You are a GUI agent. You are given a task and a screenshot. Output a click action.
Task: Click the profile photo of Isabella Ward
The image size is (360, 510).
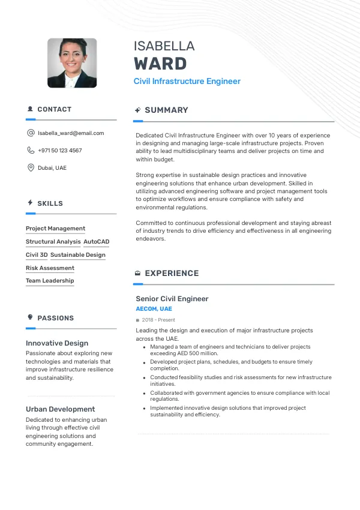[72, 63]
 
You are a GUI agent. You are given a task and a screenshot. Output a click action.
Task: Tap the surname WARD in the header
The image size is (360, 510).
[160, 64]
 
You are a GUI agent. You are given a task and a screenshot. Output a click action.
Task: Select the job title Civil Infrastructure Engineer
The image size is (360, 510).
[187, 81]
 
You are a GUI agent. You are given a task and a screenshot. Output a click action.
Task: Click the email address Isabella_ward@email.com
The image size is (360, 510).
[71, 133]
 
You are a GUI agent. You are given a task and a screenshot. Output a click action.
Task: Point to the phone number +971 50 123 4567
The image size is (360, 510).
[60, 151]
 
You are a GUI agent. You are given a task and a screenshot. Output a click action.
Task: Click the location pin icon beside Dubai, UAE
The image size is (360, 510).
[31, 168]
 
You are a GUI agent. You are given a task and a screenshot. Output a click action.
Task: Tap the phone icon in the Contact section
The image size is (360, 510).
[31, 151]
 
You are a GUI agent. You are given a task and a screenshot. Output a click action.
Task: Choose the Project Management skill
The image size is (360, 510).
[55, 229]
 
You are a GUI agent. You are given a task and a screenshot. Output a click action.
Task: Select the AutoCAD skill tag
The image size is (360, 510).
[97, 242]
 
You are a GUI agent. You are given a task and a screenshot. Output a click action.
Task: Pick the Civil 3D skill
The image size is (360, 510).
[37, 255]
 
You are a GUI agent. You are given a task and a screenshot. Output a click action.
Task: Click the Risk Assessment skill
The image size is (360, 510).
[50, 268]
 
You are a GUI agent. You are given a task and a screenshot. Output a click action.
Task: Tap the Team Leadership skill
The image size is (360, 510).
[50, 281]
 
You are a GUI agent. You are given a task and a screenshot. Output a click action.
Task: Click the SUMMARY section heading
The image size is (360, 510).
[166, 110]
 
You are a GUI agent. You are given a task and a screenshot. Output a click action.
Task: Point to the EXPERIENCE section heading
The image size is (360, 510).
[172, 274]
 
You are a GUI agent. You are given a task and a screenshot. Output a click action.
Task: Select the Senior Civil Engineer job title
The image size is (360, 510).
[172, 299]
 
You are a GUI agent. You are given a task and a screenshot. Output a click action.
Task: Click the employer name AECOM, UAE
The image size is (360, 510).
[154, 309]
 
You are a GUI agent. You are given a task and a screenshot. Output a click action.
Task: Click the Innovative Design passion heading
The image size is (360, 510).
[57, 343]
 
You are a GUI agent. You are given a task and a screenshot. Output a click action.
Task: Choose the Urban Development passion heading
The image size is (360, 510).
[60, 409]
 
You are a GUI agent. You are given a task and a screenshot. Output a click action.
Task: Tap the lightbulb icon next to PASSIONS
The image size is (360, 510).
[30, 317]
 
